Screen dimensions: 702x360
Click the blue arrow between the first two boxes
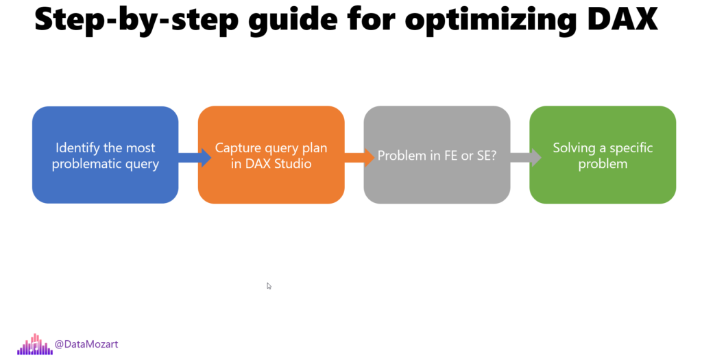[195, 157]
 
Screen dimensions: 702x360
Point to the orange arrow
[359, 157]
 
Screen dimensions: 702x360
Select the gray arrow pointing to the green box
[526, 157]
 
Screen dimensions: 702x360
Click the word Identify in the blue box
[74, 148]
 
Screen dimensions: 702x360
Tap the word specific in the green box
[631, 148]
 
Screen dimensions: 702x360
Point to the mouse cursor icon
[269, 286]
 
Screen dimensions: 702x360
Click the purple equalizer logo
[35, 345]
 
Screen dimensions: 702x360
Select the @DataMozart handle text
[86, 344]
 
